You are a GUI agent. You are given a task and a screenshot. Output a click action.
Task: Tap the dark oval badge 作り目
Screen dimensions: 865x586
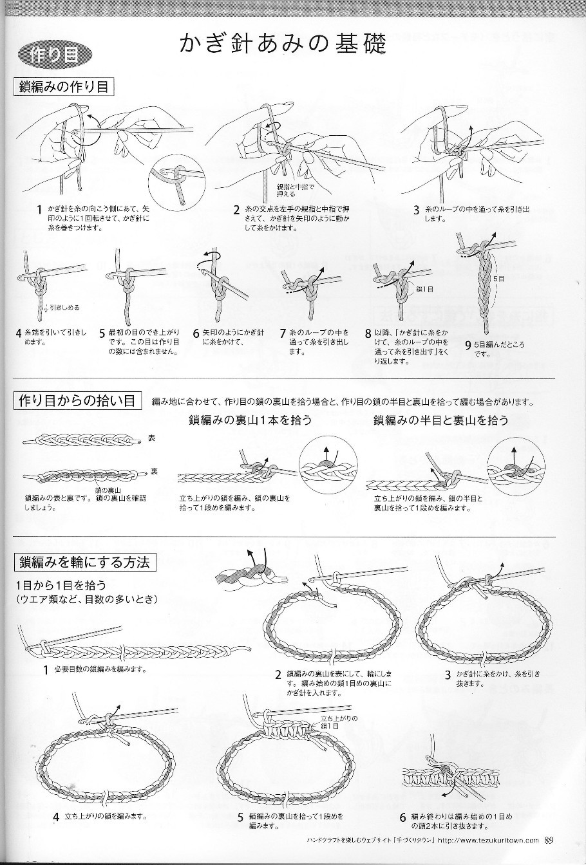[54, 55]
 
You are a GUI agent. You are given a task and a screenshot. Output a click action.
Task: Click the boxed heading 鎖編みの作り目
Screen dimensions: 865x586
[63, 86]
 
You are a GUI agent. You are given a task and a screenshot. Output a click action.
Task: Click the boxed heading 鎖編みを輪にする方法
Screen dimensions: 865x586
[84, 562]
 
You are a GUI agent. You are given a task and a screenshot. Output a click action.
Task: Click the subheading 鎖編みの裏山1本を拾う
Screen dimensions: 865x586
[250, 421]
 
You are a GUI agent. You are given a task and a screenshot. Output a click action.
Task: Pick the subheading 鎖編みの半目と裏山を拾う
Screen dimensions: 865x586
[440, 421]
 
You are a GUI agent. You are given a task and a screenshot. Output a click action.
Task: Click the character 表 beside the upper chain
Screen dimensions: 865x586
[151, 438]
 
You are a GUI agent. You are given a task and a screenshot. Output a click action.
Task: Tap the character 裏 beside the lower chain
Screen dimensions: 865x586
[154, 472]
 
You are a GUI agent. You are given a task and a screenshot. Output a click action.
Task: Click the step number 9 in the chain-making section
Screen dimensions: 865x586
[468, 346]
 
